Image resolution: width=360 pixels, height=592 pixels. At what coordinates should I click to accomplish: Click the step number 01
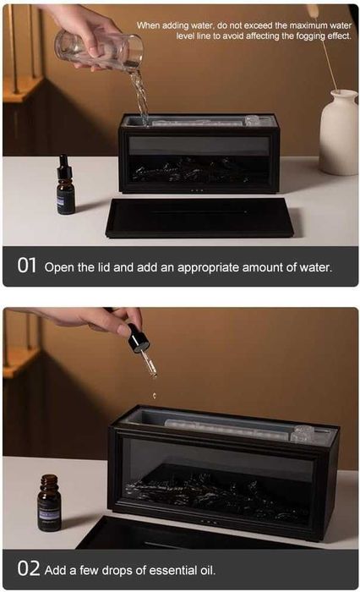click(x=27, y=266)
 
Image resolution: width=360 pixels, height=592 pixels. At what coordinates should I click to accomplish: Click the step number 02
click(x=28, y=568)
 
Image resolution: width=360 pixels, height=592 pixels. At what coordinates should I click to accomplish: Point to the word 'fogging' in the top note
click(x=309, y=36)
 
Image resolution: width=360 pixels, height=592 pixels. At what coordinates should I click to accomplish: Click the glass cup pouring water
click(x=99, y=51)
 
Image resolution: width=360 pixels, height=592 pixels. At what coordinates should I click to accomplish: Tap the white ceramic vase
click(x=339, y=132)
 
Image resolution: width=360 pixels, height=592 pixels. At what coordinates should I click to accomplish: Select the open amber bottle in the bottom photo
click(x=49, y=503)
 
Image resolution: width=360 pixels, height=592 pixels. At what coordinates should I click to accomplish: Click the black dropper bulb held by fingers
click(x=138, y=338)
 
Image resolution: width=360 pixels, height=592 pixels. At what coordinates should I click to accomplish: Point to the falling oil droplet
click(x=154, y=396)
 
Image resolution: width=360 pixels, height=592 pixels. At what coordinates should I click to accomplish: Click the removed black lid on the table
click(x=199, y=217)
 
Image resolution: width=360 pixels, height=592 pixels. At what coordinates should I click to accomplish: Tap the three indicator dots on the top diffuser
click(x=198, y=190)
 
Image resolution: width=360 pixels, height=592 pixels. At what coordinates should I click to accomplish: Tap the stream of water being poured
click(x=139, y=96)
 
